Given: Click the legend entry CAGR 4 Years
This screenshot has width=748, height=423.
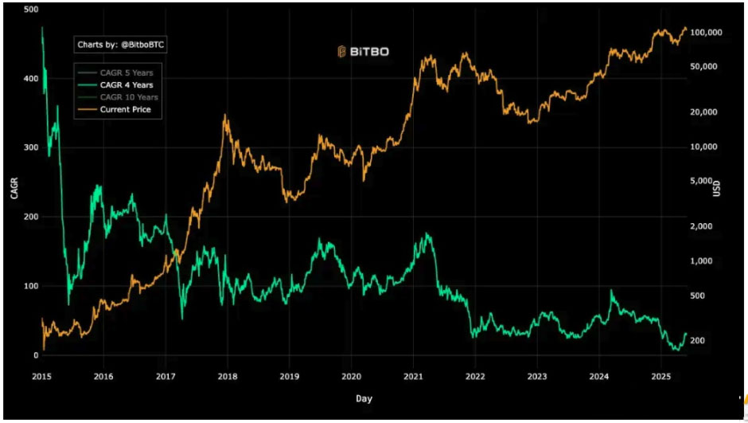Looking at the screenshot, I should (x=127, y=84).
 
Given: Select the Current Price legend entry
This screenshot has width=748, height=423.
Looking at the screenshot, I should (x=125, y=109).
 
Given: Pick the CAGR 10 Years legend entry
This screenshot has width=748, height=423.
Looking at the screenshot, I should (x=129, y=97).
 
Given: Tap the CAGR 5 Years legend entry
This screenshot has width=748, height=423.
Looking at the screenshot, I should (x=127, y=72).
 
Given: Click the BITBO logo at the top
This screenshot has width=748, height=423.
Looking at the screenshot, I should (x=362, y=52).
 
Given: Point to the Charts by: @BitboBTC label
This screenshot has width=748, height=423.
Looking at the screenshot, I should (x=121, y=45).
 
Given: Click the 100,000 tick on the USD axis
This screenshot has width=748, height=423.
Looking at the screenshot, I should (x=707, y=33).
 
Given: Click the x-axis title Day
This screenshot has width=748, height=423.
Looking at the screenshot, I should (x=364, y=398).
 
